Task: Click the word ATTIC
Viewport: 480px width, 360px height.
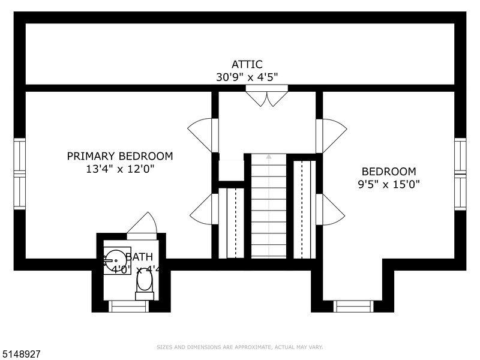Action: click(247, 64)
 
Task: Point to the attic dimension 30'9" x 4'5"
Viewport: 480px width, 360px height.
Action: click(247, 77)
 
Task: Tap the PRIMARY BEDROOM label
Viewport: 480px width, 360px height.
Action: click(119, 156)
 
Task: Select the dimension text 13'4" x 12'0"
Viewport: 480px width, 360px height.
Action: click(119, 169)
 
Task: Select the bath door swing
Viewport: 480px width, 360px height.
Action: click(143, 225)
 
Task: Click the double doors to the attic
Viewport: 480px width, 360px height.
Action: click(267, 97)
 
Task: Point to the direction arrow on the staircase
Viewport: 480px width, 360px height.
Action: click(268, 157)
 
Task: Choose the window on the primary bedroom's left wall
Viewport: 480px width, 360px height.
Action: click(20, 174)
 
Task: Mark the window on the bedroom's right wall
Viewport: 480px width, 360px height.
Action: click(460, 174)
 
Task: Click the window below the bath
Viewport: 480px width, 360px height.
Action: click(128, 306)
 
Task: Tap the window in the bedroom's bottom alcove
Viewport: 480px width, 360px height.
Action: click(353, 306)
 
